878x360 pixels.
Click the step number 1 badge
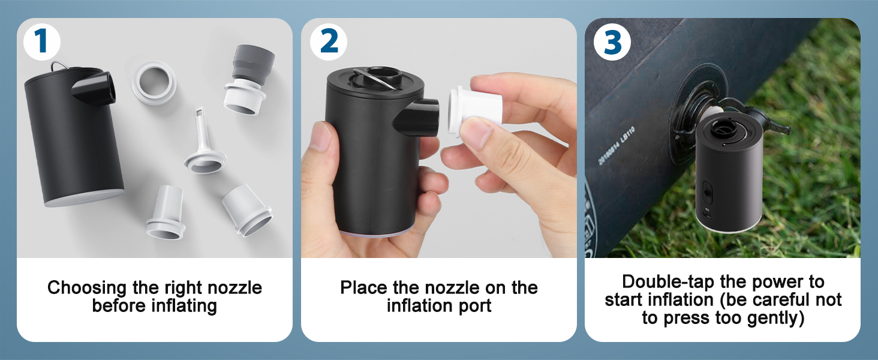coord(41,42)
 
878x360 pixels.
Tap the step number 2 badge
coord(329,42)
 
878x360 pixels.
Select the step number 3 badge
coord(612,42)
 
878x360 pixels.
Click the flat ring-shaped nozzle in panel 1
coord(154,83)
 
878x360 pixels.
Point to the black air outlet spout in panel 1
coord(94,88)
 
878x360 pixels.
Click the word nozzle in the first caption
coord(234,288)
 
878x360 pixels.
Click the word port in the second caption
coord(474,306)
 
